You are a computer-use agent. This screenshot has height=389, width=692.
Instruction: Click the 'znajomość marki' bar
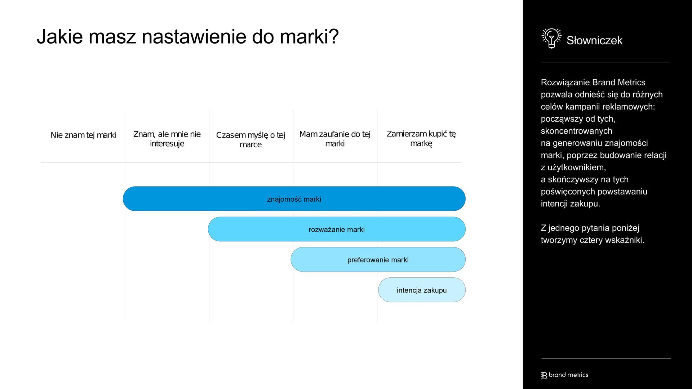pos(294,199)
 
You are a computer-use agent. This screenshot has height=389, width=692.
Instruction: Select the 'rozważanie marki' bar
pos(337,229)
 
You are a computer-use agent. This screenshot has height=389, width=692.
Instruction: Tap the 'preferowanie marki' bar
pos(378,259)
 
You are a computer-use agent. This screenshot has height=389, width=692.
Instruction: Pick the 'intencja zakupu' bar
pos(422,290)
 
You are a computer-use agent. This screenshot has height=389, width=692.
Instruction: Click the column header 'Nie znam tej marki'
pos(83,135)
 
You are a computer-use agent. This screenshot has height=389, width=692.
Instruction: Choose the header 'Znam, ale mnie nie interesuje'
pos(167,139)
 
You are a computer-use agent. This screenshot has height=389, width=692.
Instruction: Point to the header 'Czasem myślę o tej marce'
pos(250,140)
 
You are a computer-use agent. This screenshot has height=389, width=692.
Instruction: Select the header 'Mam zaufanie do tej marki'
pos(335,139)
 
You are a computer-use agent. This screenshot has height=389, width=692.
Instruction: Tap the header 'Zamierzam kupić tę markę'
pos(421,139)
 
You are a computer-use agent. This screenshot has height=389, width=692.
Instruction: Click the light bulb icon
pos(551,38)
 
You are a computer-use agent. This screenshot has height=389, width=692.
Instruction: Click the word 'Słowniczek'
pos(594,40)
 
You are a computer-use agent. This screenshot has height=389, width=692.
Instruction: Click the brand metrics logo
pos(565,375)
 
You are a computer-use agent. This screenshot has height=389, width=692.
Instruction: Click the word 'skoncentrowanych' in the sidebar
pos(577,131)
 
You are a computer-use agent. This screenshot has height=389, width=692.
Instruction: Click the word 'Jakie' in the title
pos(60,36)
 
